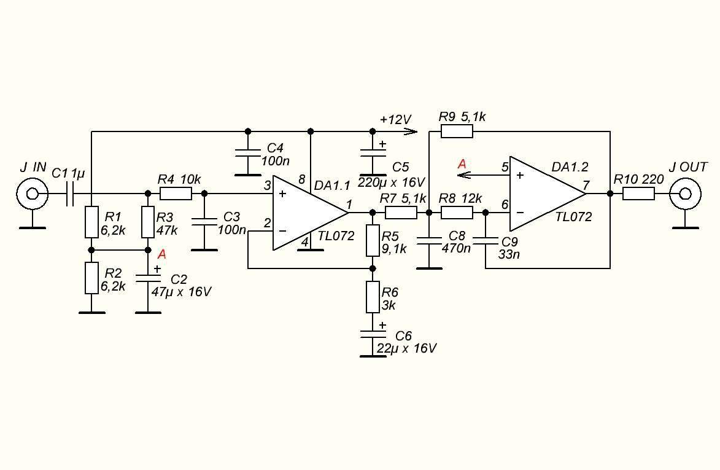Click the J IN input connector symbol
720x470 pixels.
tap(31, 194)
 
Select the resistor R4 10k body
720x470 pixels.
tap(176, 194)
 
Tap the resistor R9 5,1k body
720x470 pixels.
tap(457, 131)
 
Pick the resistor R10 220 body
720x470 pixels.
tap(638, 194)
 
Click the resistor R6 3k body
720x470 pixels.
tap(373, 297)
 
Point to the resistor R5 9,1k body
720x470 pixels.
tap(373, 240)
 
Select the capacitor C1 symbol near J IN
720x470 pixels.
tap(71, 194)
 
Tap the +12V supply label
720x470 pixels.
tap(395, 119)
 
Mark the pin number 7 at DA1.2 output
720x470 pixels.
tap(586, 185)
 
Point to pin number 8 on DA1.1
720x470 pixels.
tap(301, 179)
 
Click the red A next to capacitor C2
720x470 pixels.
tap(162, 254)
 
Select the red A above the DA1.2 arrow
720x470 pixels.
tap(462, 164)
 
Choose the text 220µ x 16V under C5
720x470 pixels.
tap(392, 182)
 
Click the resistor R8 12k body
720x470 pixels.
tap(457, 213)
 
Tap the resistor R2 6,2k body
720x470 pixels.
tap(91, 278)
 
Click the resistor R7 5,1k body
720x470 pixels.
tap(401, 213)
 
